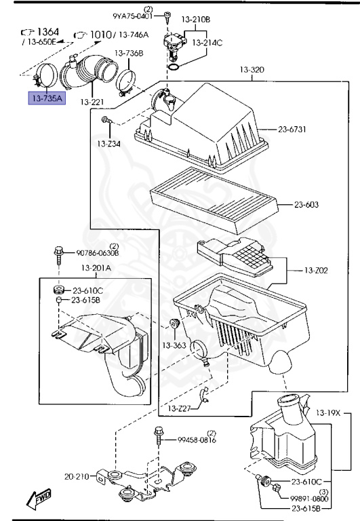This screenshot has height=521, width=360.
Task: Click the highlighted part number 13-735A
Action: click(x=47, y=98)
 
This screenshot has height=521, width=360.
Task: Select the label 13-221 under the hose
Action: click(x=92, y=102)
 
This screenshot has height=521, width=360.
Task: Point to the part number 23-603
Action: click(x=306, y=204)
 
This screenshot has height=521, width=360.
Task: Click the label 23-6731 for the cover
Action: click(x=292, y=129)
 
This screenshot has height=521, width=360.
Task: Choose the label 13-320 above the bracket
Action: click(x=252, y=69)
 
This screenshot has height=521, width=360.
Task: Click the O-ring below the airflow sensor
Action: click(x=174, y=67)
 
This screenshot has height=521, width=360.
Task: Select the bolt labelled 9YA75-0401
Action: click(x=167, y=16)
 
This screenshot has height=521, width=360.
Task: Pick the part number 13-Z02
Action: click(x=316, y=271)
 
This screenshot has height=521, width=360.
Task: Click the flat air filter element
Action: click(x=214, y=200)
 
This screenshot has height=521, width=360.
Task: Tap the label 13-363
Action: click(x=174, y=345)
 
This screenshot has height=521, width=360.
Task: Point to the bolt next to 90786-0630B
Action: click(x=59, y=255)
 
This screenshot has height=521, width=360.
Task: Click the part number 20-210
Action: click(x=77, y=476)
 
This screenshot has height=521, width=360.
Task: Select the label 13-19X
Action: click(x=328, y=412)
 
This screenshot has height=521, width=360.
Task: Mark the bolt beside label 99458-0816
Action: click(x=159, y=436)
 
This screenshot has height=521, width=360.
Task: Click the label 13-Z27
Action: click(x=179, y=408)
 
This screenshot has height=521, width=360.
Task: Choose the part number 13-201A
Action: click(x=96, y=267)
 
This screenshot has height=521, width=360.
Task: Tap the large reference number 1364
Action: click(x=48, y=32)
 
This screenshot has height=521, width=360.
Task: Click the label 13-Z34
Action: click(x=109, y=144)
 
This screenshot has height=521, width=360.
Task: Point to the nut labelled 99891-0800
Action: click(x=277, y=488)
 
